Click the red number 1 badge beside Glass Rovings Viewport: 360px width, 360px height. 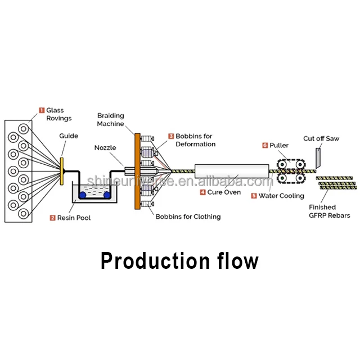tap(41, 110)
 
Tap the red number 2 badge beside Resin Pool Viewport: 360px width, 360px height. tap(52, 218)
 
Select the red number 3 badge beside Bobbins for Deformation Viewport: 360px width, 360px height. tap(171, 136)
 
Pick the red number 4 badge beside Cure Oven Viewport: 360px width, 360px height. tap(203, 192)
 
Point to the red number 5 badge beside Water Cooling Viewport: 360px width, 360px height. tap(254, 196)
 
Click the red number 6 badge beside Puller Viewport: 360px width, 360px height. tap(265, 145)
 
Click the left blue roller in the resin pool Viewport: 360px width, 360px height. tap(82, 195)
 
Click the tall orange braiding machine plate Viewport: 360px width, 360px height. tap(137, 171)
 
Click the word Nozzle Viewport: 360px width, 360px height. tap(105, 148)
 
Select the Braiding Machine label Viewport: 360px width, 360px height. tap(110, 119)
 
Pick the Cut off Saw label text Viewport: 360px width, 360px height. tap(321, 138)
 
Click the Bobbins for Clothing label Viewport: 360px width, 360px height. tap(188, 217)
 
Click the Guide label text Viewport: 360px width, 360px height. tap(69, 136)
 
